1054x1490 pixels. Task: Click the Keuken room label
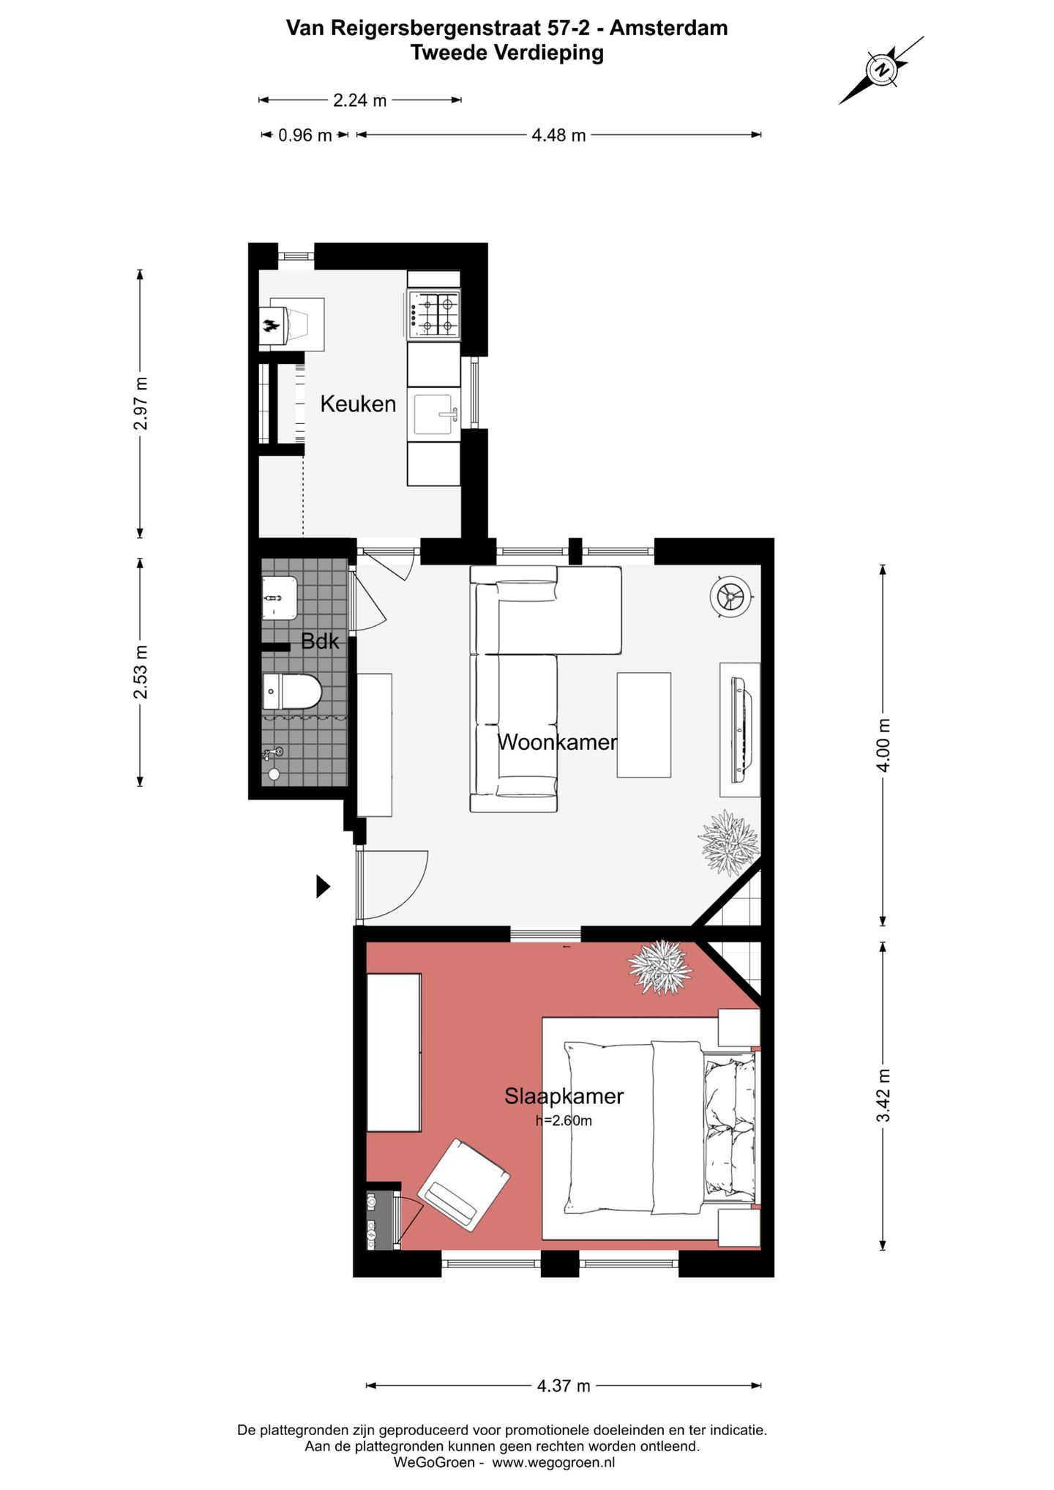coord(357,403)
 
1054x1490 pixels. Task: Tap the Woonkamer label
coord(557,742)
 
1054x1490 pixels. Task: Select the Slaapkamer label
coord(564,1096)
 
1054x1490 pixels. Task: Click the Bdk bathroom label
coord(320,641)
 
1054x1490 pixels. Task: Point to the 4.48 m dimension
coord(558,135)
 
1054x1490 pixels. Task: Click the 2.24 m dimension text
coord(359,100)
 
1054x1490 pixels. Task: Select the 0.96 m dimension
coord(305,135)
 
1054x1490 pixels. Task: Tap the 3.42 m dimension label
coord(884,1095)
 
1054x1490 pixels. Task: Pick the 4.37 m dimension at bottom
coord(563,1386)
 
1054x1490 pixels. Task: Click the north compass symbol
coord(881,70)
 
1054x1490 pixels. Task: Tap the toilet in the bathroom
coord(291,691)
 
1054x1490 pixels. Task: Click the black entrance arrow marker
coord(323,887)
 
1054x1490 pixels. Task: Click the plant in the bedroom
coord(659,967)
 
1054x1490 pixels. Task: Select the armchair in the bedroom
coord(464,1185)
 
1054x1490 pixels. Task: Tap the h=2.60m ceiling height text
coord(564,1120)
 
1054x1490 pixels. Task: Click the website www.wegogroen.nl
coord(553,1462)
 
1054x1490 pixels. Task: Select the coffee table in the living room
coord(643,725)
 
